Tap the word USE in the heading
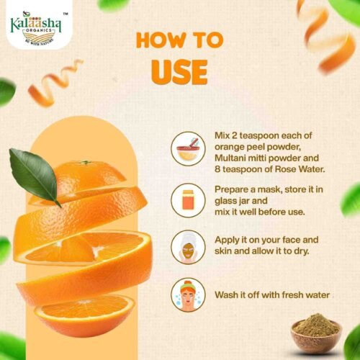[x=179, y=72]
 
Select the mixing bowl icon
[x=189, y=149]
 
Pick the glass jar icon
[x=189, y=200]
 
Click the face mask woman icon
[x=189, y=247]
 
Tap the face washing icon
[x=189, y=295]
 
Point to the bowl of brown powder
[x=317, y=333]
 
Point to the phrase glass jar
[x=241, y=201]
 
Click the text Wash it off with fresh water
[x=272, y=294]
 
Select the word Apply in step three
[x=226, y=240]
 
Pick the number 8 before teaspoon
[x=217, y=169]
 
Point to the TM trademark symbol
[x=65, y=14]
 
